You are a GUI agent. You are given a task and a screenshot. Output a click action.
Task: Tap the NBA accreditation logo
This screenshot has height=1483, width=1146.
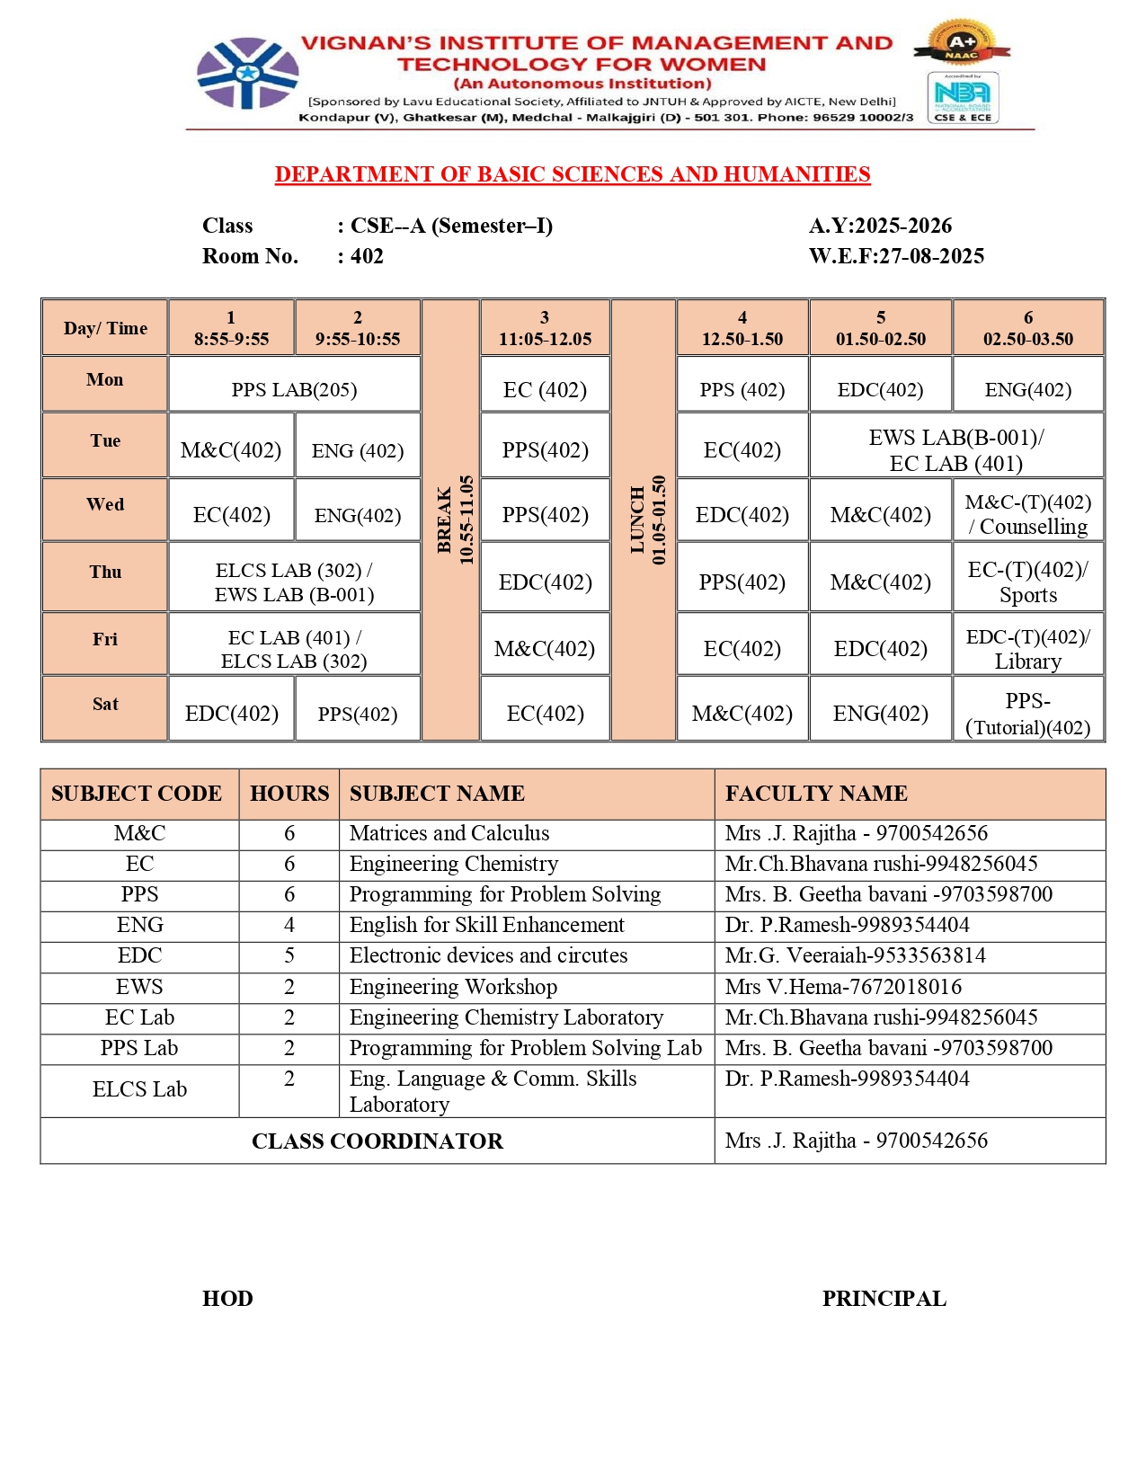963,97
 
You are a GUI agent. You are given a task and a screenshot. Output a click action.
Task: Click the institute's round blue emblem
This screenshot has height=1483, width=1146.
247,74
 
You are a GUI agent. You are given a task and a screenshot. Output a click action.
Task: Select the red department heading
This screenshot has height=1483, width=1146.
573,174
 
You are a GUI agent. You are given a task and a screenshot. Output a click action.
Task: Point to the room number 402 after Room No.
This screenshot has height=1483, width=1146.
367,256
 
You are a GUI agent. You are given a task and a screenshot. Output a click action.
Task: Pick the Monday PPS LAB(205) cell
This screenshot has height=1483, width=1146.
294,389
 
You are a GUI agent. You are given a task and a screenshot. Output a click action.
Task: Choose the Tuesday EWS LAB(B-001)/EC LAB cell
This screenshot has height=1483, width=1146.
955,450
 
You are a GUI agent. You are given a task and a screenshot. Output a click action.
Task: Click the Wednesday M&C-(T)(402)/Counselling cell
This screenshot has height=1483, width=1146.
1027,514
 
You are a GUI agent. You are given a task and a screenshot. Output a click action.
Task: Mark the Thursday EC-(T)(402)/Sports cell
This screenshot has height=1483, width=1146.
1027,582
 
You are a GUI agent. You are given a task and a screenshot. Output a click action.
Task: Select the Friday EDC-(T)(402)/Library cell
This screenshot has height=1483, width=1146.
1027,648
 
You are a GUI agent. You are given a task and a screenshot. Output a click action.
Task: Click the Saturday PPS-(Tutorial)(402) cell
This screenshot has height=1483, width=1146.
1027,714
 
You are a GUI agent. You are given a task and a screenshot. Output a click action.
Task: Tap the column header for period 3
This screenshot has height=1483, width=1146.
545,328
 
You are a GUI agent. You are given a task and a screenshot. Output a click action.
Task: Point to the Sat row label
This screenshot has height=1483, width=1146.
105,704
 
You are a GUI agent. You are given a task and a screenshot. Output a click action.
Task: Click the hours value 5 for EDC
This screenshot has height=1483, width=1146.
289,955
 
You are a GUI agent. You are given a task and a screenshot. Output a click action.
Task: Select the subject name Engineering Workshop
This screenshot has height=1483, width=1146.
453,987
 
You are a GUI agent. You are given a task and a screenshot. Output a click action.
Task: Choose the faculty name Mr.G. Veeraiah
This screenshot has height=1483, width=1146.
855,955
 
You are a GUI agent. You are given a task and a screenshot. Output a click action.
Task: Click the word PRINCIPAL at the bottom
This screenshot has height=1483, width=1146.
884,1299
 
